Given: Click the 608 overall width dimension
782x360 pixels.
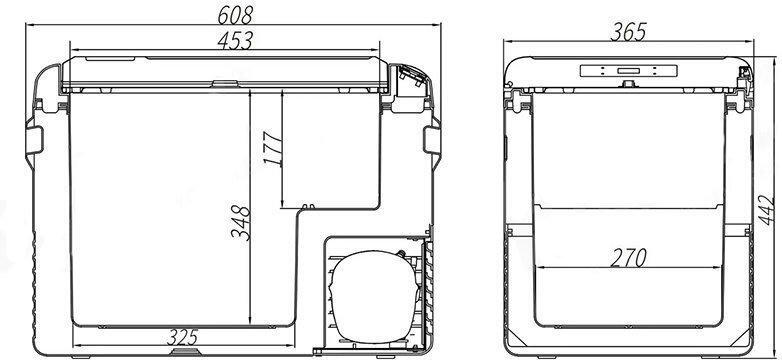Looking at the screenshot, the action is pyautogui.click(x=235, y=15).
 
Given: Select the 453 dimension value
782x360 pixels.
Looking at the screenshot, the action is pyautogui.click(x=235, y=40).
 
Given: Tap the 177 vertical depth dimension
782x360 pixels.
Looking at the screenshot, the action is pyautogui.click(x=273, y=148).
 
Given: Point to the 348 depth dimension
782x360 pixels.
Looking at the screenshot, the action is pyautogui.click(x=240, y=223).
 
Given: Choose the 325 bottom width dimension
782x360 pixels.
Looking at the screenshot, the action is pyautogui.click(x=183, y=337).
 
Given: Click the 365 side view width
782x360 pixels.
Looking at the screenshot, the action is pyautogui.click(x=628, y=32).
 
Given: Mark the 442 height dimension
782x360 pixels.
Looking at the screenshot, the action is pyautogui.click(x=767, y=210).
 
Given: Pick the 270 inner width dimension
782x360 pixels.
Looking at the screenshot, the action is pyautogui.click(x=628, y=258).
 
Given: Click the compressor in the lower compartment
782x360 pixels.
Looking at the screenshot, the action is pyautogui.click(x=374, y=297).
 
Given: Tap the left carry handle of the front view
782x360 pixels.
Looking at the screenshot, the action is pyautogui.click(x=34, y=140).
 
